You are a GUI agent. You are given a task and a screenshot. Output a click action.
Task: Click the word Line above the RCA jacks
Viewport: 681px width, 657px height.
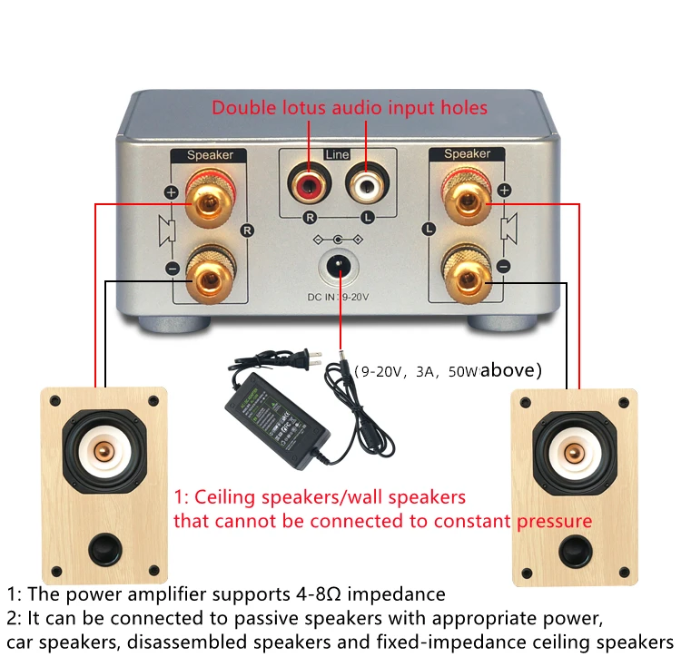[x=337, y=155]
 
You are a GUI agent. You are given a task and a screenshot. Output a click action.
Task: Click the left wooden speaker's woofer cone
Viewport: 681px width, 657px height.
[x=104, y=451]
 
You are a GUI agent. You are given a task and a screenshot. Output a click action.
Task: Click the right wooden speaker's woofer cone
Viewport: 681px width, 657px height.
[x=572, y=451]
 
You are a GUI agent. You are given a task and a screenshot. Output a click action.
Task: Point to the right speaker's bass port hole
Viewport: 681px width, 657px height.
[x=573, y=550]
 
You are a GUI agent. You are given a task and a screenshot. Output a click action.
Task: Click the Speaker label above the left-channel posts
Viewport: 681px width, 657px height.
[x=467, y=154]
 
